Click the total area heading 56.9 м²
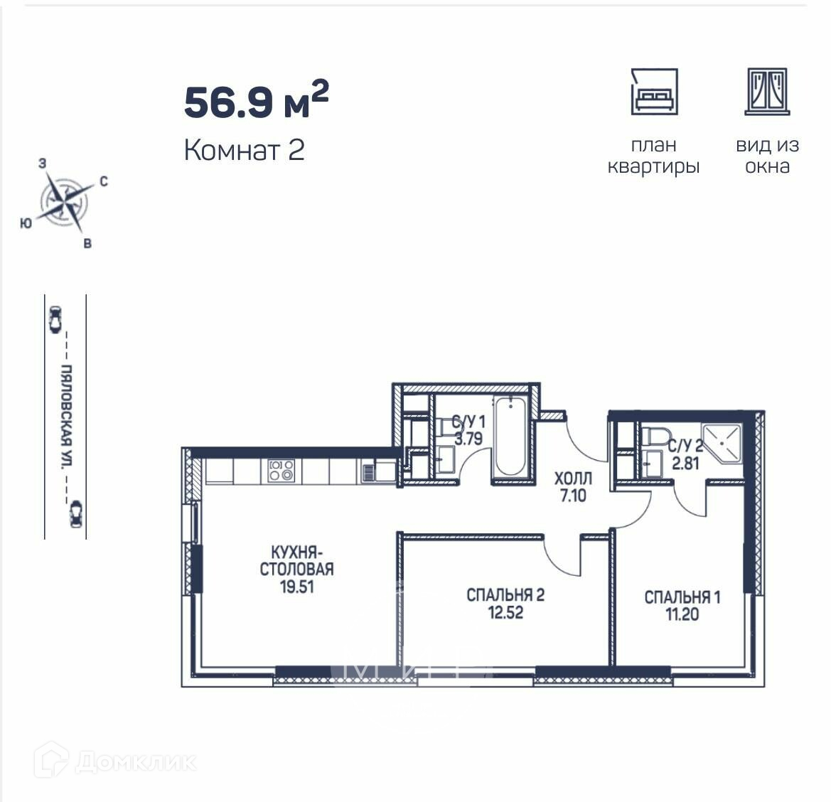click(x=257, y=100)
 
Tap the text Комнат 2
click(x=245, y=150)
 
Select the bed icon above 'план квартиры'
click(x=655, y=92)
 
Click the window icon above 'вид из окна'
click(x=768, y=92)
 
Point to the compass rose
click(x=64, y=202)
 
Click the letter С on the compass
click(x=104, y=181)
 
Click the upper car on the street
click(x=55, y=320)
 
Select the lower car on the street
click(x=76, y=514)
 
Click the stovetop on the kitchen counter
click(x=281, y=471)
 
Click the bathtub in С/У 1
click(x=510, y=437)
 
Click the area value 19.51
click(x=297, y=587)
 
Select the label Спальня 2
click(x=505, y=594)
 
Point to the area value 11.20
click(x=682, y=614)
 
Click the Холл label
click(x=573, y=478)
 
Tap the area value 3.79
click(x=468, y=439)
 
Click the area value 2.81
click(x=686, y=464)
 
